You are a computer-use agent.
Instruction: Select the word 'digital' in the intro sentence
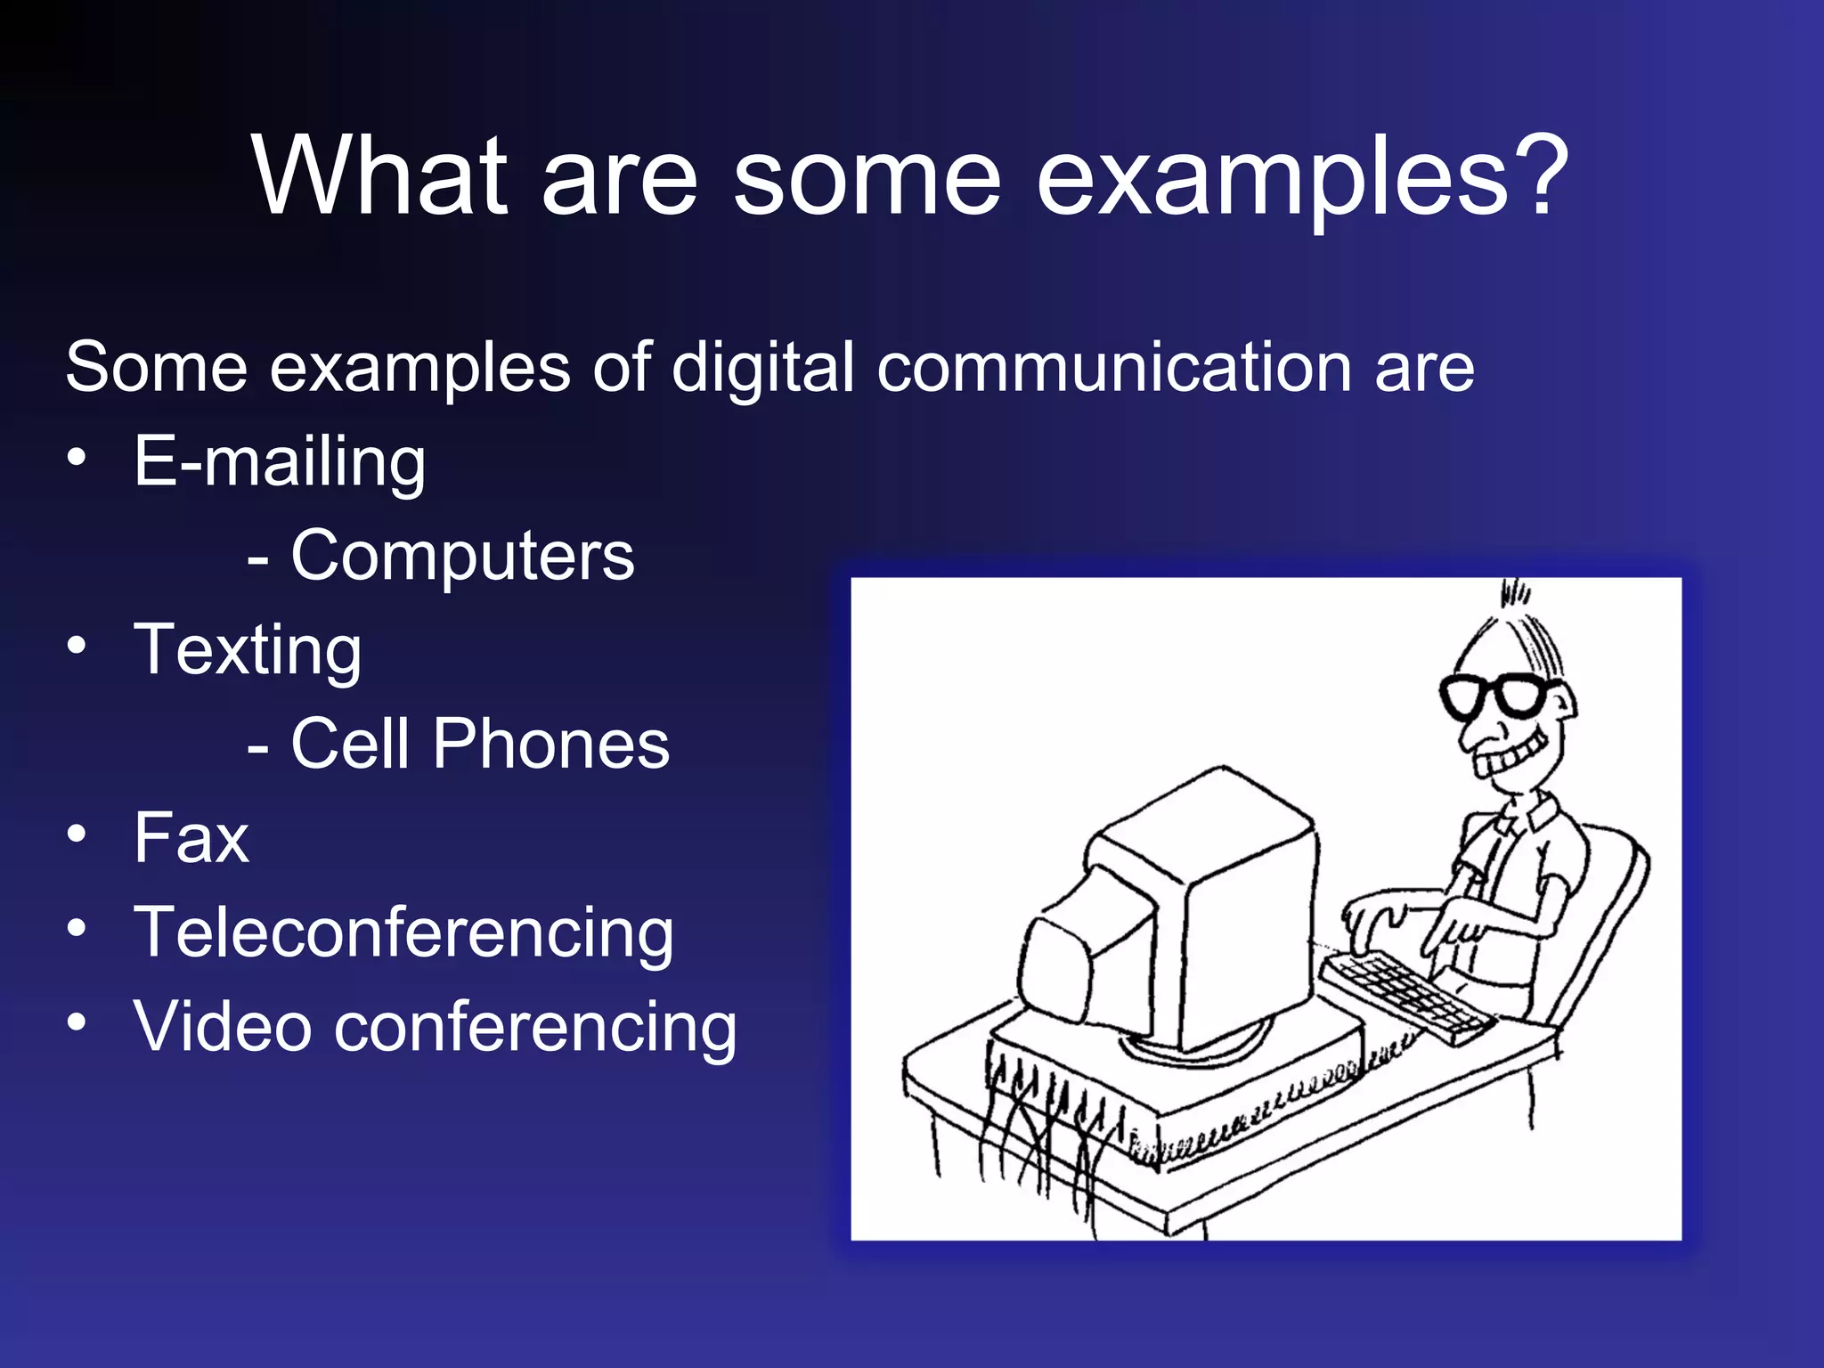tap(763, 368)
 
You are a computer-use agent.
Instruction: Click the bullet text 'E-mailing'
tap(280, 462)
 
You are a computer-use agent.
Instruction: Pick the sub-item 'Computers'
tap(462, 556)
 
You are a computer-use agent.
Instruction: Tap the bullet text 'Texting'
tap(248, 651)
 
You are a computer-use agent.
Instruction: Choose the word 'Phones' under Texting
tap(550, 744)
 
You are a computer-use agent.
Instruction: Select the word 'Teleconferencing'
tap(403, 932)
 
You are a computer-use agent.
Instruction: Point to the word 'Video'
tap(222, 1026)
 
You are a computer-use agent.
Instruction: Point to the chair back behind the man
tap(1603, 917)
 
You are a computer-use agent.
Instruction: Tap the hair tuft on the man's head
tap(1514, 591)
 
